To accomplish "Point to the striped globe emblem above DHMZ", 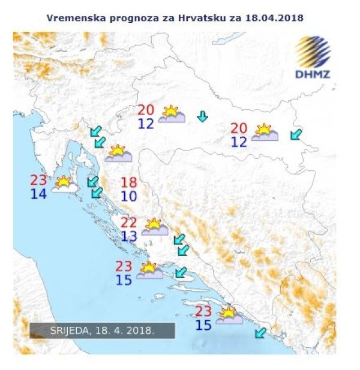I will (x=312, y=53).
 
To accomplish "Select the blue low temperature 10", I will (x=128, y=196).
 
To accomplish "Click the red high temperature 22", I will (x=129, y=222).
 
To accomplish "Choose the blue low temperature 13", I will (x=129, y=236).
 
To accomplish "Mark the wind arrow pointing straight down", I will (x=203, y=116).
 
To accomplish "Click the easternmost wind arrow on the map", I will (x=296, y=134).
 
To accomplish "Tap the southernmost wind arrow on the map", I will (x=260, y=333).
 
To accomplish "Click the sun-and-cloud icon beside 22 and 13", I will (x=154, y=227).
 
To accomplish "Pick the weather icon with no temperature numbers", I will (x=118, y=154).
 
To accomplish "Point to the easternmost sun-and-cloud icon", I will (x=264, y=133).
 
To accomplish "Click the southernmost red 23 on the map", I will (x=203, y=311).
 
